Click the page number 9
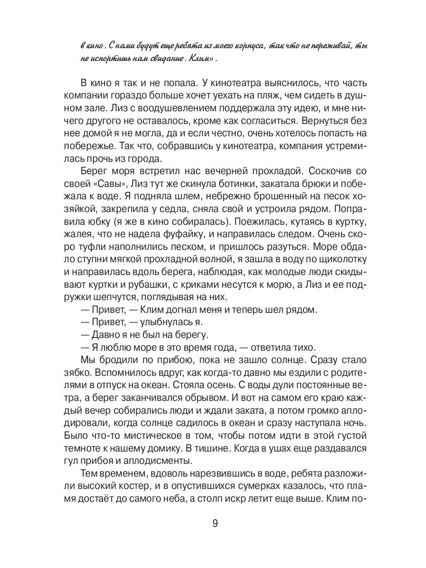coord(215,524)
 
